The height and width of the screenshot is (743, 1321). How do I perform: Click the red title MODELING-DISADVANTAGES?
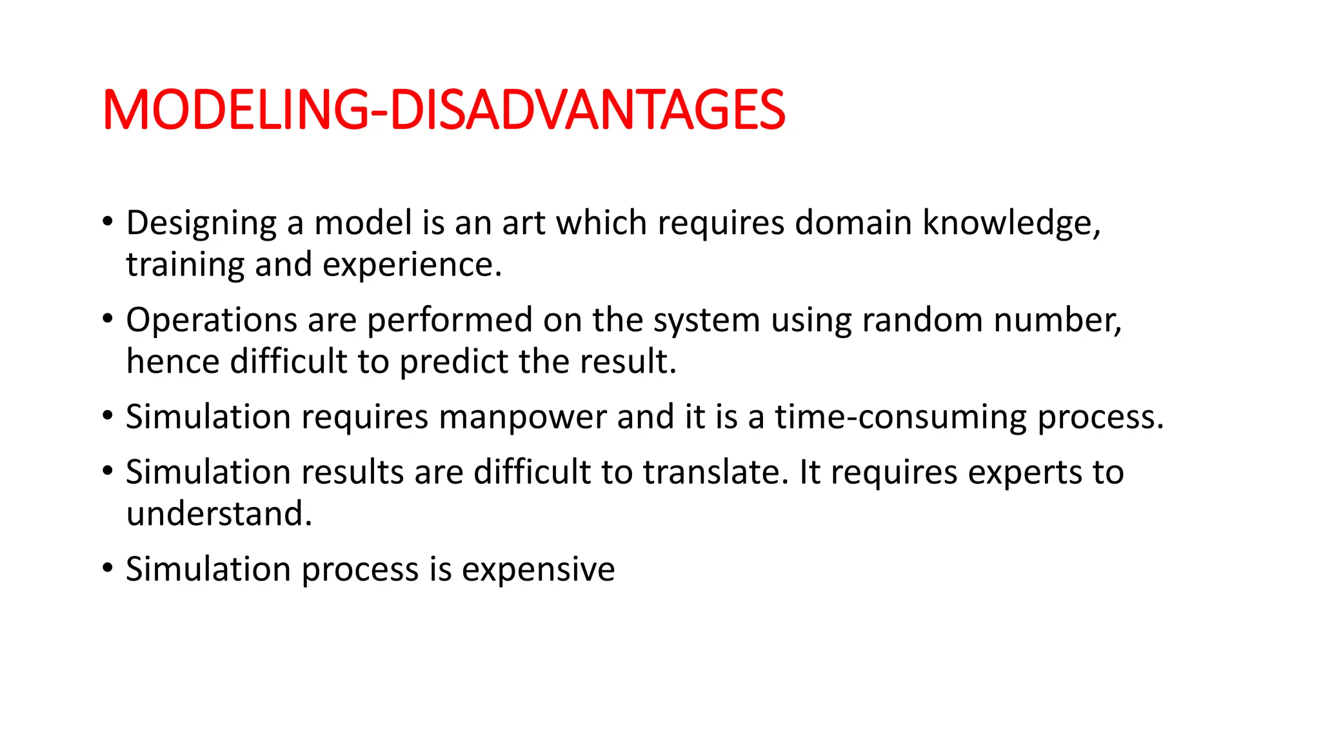(x=444, y=110)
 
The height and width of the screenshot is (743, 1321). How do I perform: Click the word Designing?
(x=201, y=224)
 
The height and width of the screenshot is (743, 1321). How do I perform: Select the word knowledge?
(x=1011, y=223)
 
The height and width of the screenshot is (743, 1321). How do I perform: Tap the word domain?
(x=853, y=223)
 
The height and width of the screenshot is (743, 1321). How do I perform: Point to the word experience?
(x=412, y=266)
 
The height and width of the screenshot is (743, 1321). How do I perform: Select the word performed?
(x=450, y=321)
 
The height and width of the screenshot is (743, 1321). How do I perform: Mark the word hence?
(x=173, y=362)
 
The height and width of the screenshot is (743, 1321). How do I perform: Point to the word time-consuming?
(x=900, y=417)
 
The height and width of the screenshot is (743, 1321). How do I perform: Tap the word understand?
(x=219, y=514)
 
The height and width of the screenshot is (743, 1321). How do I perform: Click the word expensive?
(x=538, y=570)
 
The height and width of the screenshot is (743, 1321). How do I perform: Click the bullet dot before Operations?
(x=108, y=319)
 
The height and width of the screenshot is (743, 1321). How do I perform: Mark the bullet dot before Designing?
(x=108, y=222)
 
